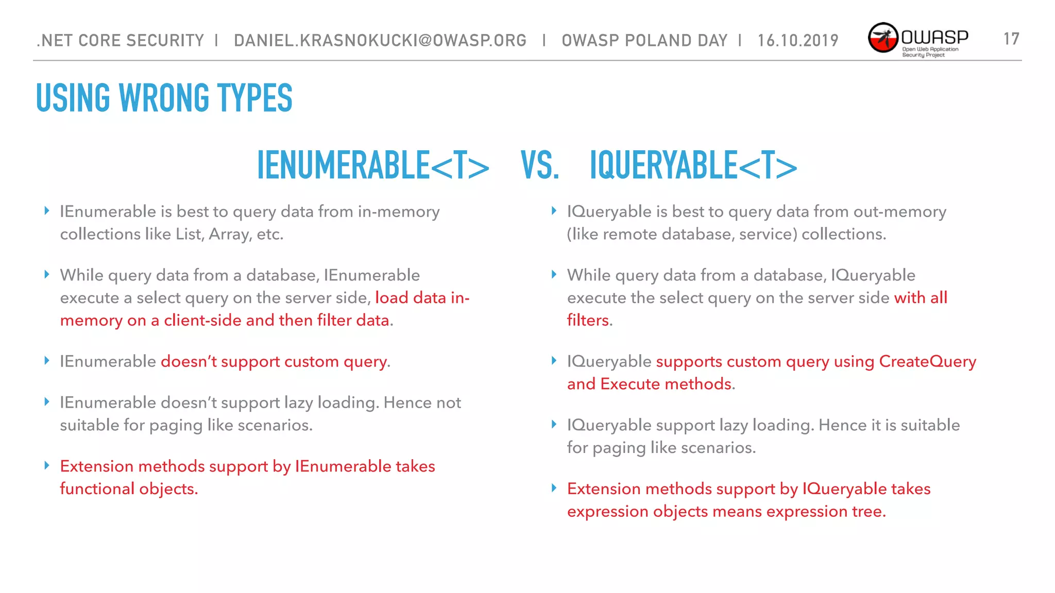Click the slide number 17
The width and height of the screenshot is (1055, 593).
pos(1011,39)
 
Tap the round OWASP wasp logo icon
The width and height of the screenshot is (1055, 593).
pos(883,38)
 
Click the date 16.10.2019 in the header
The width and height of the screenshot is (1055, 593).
pos(798,40)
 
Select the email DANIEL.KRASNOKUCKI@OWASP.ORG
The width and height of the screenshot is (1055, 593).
pos(380,40)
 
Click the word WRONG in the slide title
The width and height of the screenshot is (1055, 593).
pos(164,98)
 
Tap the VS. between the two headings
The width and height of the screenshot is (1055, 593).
pos(539,166)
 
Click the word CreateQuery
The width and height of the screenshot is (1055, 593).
pos(927,361)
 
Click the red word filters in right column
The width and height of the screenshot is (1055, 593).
pos(588,320)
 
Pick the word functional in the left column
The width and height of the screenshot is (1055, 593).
pos(97,489)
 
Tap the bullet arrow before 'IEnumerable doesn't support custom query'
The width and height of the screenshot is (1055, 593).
pos(47,361)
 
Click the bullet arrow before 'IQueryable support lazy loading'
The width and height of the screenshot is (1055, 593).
pos(554,425)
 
